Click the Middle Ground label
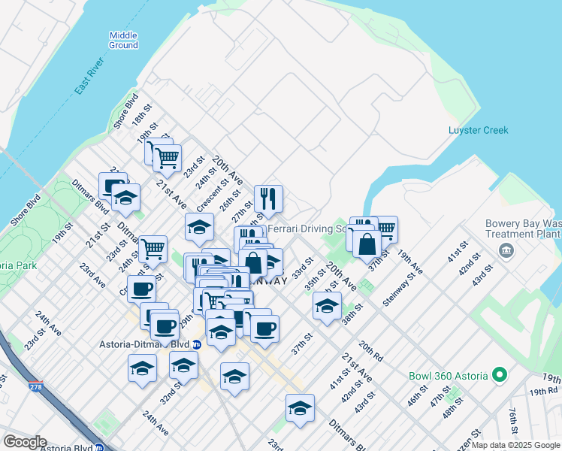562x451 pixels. (123, 40)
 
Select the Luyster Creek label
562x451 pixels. (478, 130)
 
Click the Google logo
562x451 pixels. (24, 442)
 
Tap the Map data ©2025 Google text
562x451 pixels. (515, 445)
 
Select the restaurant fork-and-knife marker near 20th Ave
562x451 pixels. (268, 199)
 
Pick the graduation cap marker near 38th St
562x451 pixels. (327, 306)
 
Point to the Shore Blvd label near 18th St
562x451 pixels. (126, 110)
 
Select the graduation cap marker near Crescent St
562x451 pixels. (199, 227)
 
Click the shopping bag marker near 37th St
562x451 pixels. (367, 244)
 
